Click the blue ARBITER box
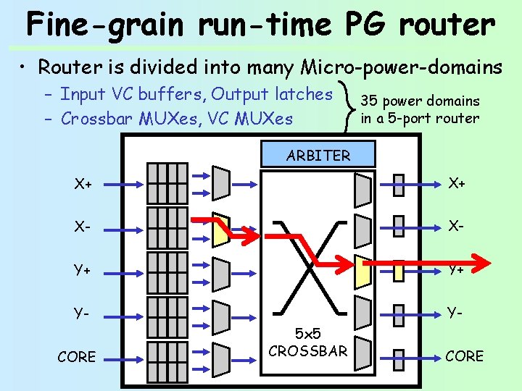pyautogui.click(x=318, y=155)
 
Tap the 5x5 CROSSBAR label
pyautogui.click(x=307, y=343)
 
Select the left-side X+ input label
pyautogui.click(x=83, y=184)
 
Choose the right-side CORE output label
pyautogui.click(x=464, y=356)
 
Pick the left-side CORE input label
pyautogui.click(x=76, y=356)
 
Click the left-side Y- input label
pyautogui.click(x=81, y=314)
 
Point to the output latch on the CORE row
pyautogui.click(x=398, y=356)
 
